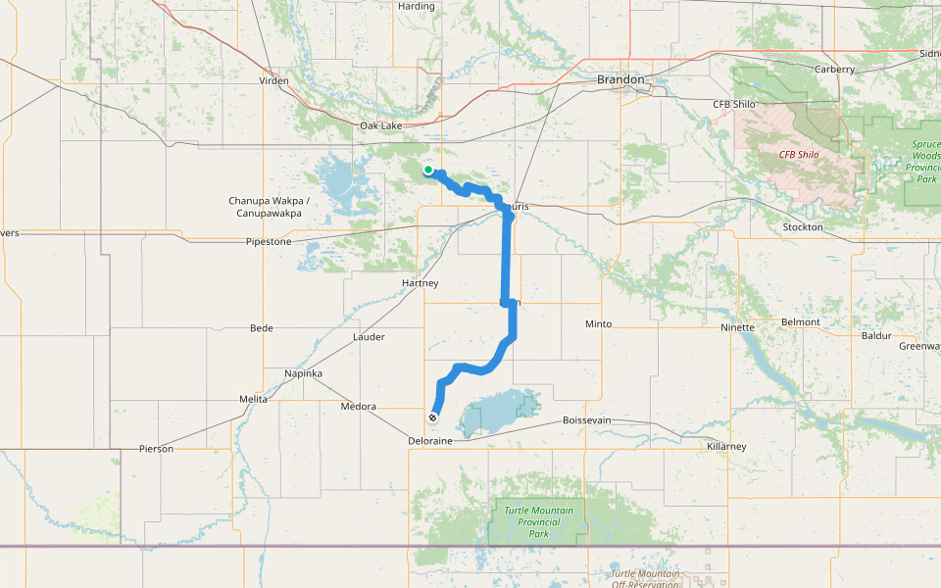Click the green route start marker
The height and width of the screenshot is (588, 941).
coord(428,171)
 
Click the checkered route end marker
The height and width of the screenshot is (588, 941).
coord(432,417)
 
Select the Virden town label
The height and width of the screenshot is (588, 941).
coord(273,80)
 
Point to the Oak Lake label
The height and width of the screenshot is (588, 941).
coord(380,126)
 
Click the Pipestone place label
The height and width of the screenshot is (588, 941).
coord(269,241)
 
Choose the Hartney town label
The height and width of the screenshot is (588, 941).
coord(421,283)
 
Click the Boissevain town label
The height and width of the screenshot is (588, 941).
coord(587,420)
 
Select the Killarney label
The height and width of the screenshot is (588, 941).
coord(726,447)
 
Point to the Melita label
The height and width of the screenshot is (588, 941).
coord(253,400)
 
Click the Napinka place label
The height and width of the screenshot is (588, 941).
coord(303,374)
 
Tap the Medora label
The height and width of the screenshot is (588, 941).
coord(358,407)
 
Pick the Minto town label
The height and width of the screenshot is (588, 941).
coord(598,324)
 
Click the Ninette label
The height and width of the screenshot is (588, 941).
coord(737,328)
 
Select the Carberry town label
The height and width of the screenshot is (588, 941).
coord(835,70)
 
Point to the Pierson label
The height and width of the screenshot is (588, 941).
coord(156,449)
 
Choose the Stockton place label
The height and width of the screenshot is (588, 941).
coord(803,227)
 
